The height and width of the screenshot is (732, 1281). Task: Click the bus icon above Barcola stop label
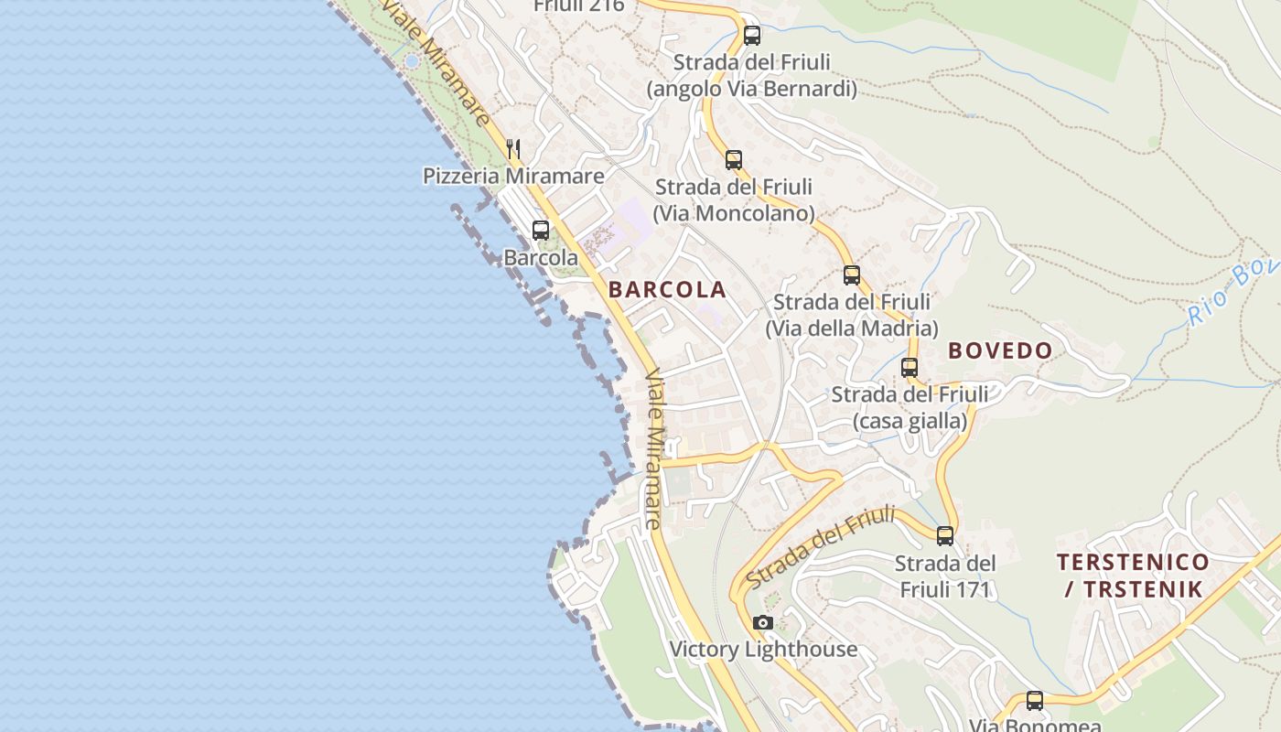pyautogui.click(x=541, y=231)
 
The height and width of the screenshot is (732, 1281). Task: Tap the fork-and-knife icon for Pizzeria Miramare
pyautogui.click(x=513, y=148)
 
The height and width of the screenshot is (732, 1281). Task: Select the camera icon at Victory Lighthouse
pyautogui.click(x=762, y=623)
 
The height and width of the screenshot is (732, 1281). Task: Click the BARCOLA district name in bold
pyautogui.click(x=667, y=290)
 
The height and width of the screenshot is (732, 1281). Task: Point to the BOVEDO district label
pyautogui.click(x=1000, y=350)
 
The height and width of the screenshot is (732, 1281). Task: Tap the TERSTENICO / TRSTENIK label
pyautogui.click(x=1133, y=575)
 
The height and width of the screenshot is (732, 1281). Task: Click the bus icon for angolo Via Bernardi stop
pyautogui.click(x=752, y=36)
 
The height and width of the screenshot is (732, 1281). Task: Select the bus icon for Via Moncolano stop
pyautogui.click(x=734, y=160)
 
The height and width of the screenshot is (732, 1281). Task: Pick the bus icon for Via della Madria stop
pyautogui.click(x=852, y=274)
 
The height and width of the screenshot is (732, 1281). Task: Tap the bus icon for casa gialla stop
pyautogui.click(x=910, y=368)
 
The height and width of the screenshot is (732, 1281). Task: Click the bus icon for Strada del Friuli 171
pyautogui.click(x=945, y=535)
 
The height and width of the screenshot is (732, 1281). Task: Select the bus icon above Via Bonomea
pyautogui.click(x=1035, y=701)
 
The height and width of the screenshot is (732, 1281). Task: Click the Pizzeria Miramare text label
pyautogui.click(x=513, y=176)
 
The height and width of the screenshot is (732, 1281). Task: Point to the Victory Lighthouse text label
pyautogui.click(x=763, y=650)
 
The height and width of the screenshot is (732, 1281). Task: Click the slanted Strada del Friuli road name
pyautogui.click(x=820, y=546)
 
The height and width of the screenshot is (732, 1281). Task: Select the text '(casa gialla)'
pyautogui.click(x=910, y=421)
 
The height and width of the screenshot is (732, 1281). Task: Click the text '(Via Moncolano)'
pyautogui.click(x=734, y=213)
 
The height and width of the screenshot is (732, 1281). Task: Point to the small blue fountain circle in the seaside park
pyautogui.click(x=412, y=61)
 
